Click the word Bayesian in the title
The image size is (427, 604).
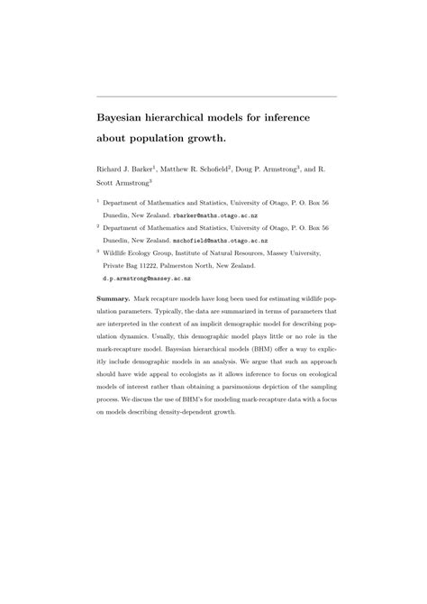[x=128, y=116]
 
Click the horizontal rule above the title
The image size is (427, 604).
[x=215, y=96]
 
